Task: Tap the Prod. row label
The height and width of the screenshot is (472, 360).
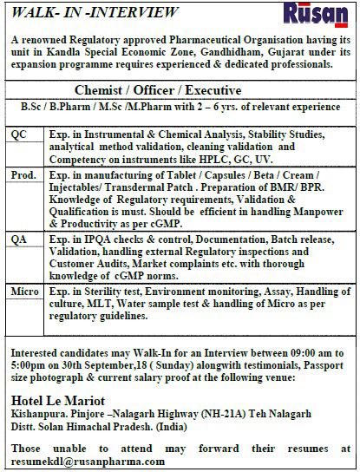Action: click(x=24, y=175)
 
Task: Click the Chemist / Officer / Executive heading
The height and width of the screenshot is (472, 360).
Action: click(x=180, y=89)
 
